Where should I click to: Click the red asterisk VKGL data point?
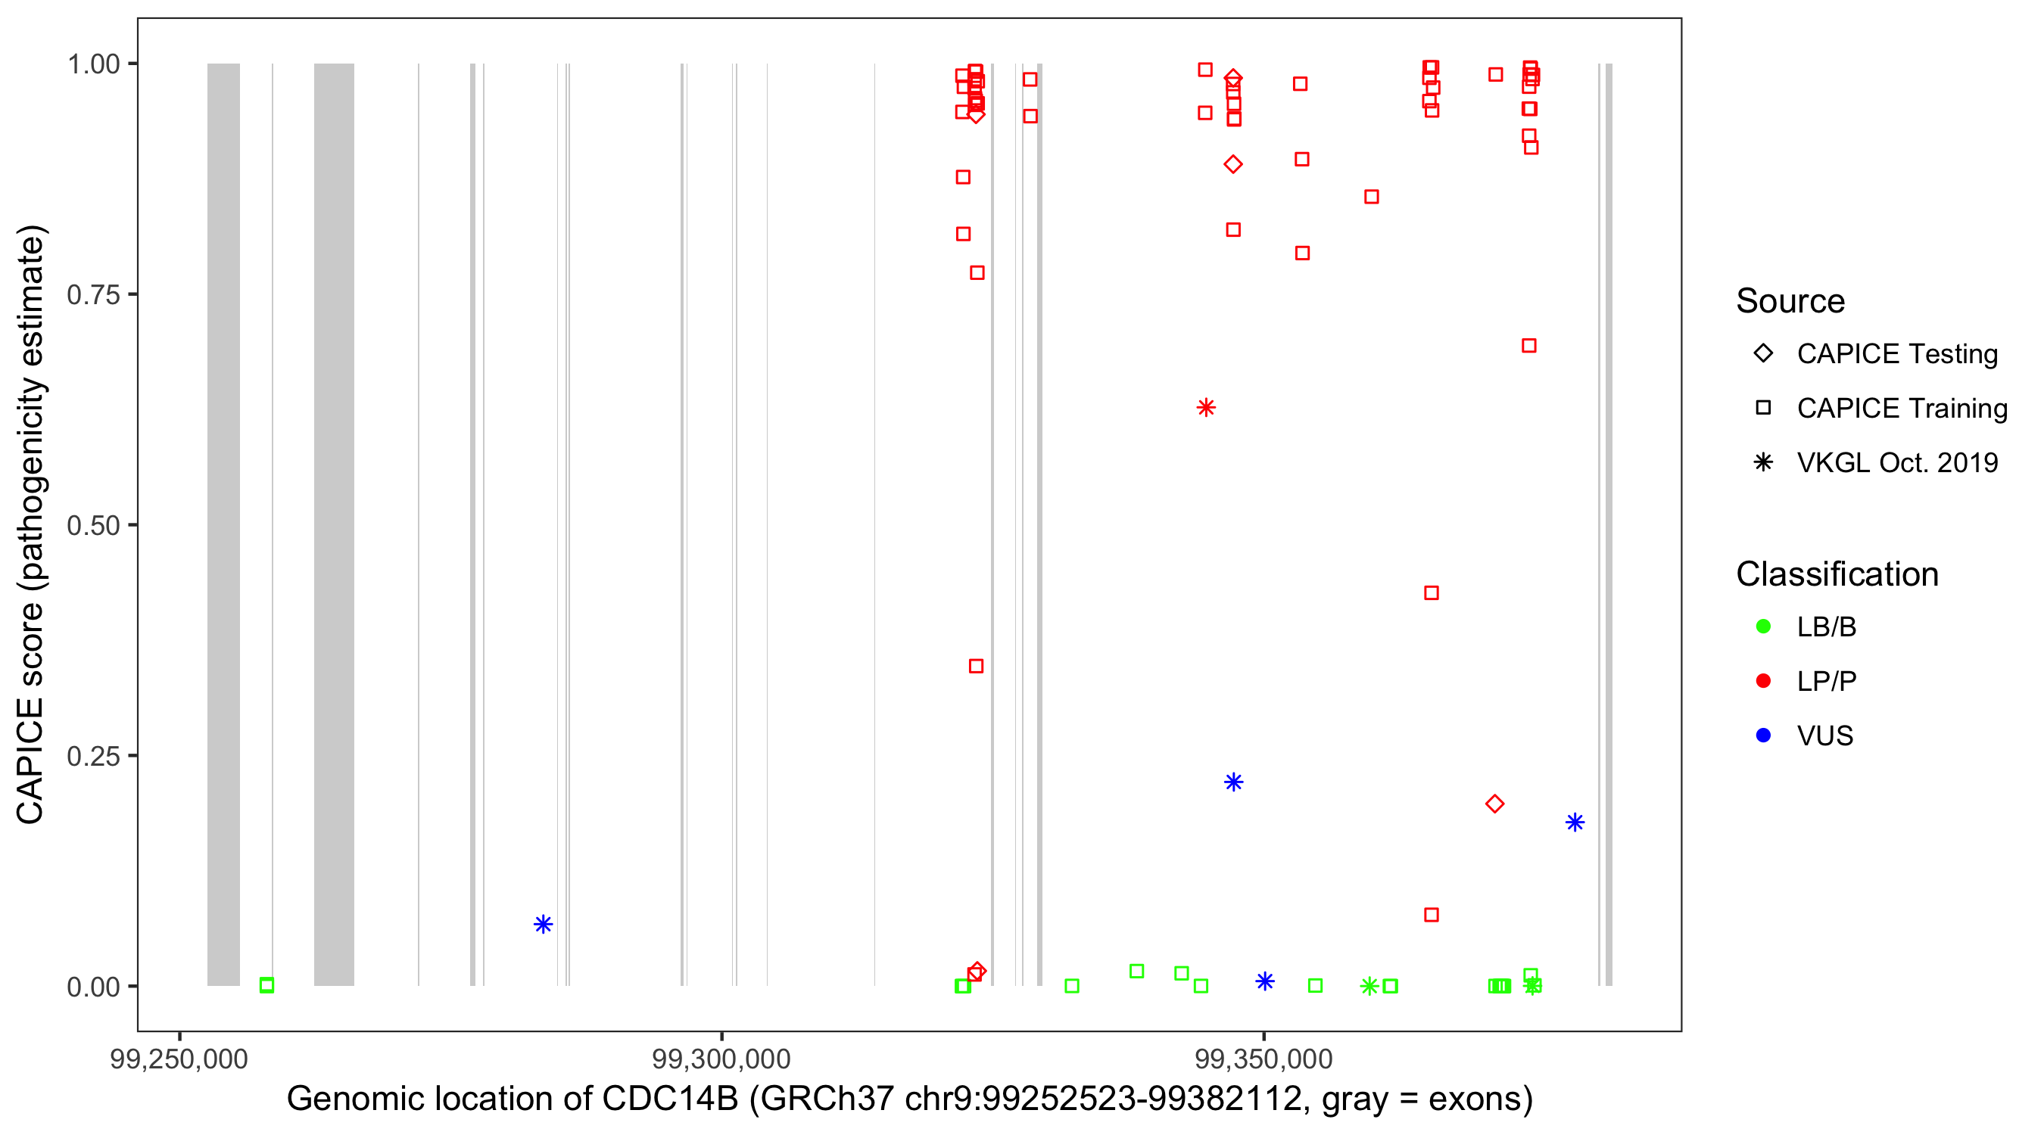tap(1205, 408)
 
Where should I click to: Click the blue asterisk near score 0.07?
tap(543, 924)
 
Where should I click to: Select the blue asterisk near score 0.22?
tap(1233, 782)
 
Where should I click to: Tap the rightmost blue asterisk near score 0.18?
tap(1575, 822)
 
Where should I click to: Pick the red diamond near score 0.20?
tap(1495, 804)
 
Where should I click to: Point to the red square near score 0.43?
tap(1432, 592)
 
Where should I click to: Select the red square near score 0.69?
tap(1529, 345)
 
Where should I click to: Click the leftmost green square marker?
tap(266, 984)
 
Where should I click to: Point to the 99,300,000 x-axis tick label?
tap(721, 1058)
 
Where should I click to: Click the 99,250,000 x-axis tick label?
tap(179, 1058)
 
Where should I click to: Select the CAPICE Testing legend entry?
tap(1896, 354)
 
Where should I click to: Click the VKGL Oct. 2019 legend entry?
tap(1896, 462)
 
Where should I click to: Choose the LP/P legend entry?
tap(1826, 681)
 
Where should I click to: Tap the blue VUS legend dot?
tap(1764, 735)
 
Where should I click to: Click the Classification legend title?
tap(1837, 574)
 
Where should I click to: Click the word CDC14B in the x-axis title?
tap(670, 1099)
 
